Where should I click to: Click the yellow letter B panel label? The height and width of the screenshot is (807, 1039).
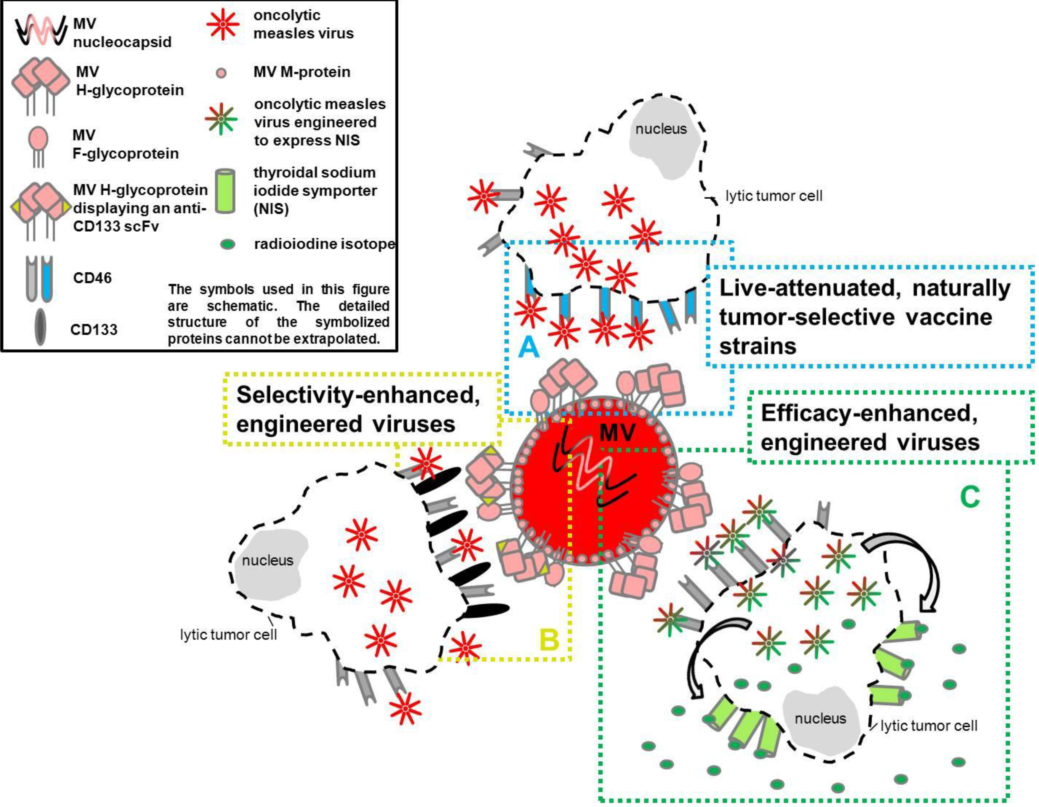pyautogui.click(x=549, y=639)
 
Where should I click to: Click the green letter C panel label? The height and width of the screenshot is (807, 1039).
pyautogui.click(x=970, y=497)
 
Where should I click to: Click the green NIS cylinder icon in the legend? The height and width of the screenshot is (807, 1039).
pyautogui.click(x=225, y=190)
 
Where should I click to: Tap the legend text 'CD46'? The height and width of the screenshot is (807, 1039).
pyautogui.click(x=92, y=278)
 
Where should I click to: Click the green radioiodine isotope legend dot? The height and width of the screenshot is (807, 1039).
pyautogui.click(x=228, y=245)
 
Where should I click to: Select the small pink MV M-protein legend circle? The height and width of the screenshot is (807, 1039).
pyautogui.click(x=221, y=73)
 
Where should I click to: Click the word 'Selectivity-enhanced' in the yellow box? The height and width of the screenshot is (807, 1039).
pyautogui.click(x=358, y=395)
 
